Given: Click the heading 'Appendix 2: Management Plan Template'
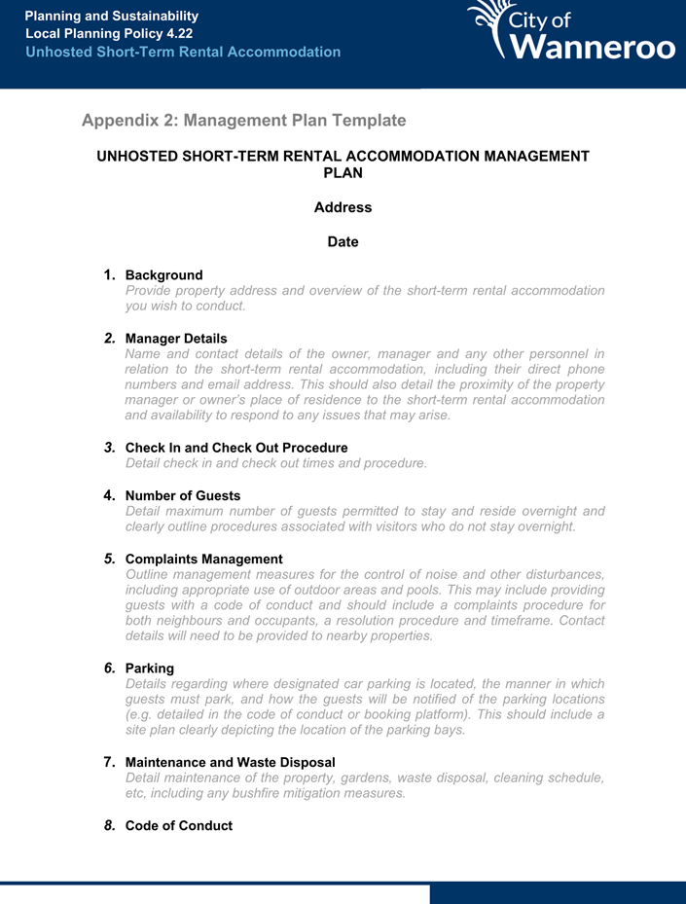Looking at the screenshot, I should [243, 121].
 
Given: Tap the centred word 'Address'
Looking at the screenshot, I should [343, 207].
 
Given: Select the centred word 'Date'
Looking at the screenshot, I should [343, 241].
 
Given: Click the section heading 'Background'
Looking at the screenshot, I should [163, 275].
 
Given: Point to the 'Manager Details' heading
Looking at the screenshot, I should [176, 339].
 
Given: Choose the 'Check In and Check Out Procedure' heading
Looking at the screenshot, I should [236, 448].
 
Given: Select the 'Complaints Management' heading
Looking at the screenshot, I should [203, 560].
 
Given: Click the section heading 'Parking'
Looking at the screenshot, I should [150, 669].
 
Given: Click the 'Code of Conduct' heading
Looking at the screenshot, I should [179, 826].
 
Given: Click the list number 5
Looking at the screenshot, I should [110, 559].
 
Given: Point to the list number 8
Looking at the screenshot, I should [110, 825].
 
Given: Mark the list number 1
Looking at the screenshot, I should [110, 275].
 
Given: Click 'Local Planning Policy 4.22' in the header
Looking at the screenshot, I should [109, 34].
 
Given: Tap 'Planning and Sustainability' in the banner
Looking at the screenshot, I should [112, 17].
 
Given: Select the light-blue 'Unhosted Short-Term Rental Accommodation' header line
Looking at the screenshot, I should [183, 52].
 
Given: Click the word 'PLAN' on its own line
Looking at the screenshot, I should [343, 173].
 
